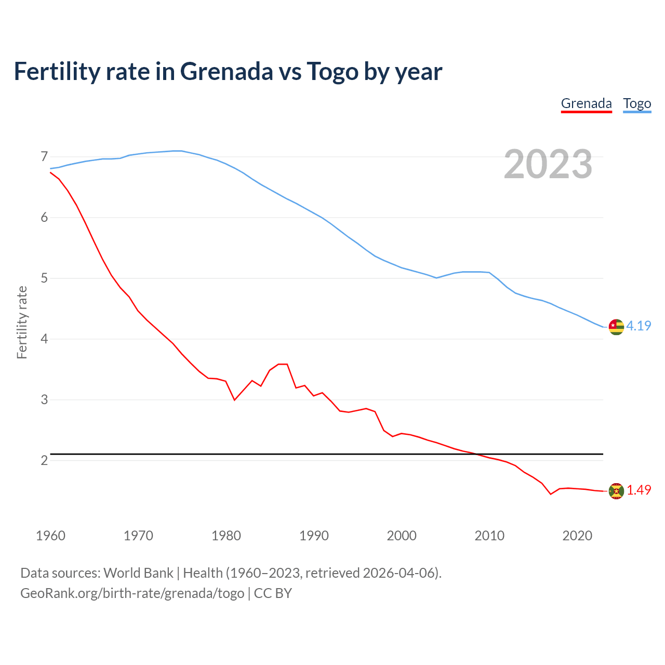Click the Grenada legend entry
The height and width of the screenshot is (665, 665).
point(586,103)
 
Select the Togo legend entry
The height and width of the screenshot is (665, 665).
point(637,103)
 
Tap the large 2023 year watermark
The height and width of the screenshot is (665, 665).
point(548,164)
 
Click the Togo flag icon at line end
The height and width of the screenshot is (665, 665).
point(616,327)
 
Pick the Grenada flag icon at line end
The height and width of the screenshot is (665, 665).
point(616,491)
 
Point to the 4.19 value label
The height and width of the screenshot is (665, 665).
point(639,326)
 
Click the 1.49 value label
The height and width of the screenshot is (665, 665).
point(639,490)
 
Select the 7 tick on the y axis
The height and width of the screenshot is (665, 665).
point(44,156)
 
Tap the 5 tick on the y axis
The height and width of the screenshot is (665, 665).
point(44,278)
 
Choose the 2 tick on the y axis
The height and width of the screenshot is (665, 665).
point(44,460)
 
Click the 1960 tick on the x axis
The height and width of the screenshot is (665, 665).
point(50,536)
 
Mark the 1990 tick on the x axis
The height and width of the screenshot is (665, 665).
point(314,536)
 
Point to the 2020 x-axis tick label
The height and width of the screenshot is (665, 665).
point(577,536)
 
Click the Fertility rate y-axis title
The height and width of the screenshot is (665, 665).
point(22,322)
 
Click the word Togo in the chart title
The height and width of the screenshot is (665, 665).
point(332,71)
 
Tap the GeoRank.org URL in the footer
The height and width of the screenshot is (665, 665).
point(132,593)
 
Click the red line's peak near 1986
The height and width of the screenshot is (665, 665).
point(283,364)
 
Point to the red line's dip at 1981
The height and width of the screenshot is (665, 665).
point(234,400)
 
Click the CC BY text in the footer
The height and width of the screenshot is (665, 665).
point(273,593)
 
